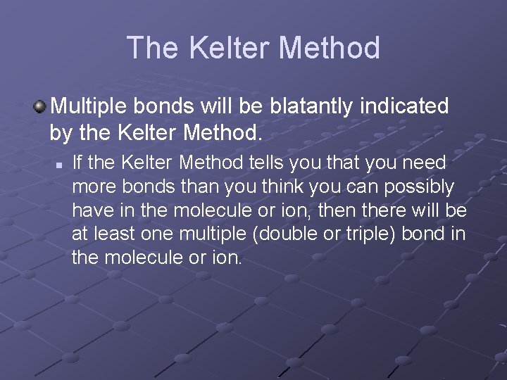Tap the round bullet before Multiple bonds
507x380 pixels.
[40, 107]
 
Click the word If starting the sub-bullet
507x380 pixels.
[77, 163]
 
